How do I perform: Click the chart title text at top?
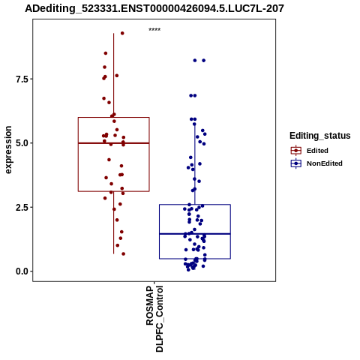(x=154, y=8)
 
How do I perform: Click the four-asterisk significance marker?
(x=154, y=30)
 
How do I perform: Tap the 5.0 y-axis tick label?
(x=21, y=143)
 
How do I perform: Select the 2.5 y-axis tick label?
(x=21, y=207)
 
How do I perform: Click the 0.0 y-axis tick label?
(x=21, y=271)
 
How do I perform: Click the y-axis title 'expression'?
(x=8, y=150)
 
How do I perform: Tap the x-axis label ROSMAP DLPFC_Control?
(x=154, y=319)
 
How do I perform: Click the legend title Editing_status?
(x=320, y=136)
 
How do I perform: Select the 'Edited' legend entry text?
(x=317, y=151)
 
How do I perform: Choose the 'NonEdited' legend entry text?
(x=325, y=163)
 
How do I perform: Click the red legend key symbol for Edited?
(x=296, y=151)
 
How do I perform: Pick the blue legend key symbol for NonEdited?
(x=296, y=163)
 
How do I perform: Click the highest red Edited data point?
(x=122, y=33)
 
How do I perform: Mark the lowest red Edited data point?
(x=124, y=254)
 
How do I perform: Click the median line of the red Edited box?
(x=114, y=143)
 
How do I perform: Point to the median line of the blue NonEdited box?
(x=195, y=234)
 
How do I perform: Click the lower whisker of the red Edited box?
(x=114, y=223)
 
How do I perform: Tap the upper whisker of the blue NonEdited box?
(x=195, y=164)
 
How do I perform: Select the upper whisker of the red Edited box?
(x=114, y=75)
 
